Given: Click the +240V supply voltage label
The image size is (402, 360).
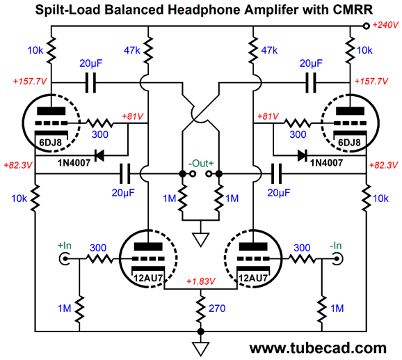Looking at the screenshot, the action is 385,25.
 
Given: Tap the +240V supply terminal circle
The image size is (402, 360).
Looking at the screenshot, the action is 367,26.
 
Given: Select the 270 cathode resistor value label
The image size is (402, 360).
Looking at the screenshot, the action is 217,308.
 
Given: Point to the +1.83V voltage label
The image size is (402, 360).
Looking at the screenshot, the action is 200,281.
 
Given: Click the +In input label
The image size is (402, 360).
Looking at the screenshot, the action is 65,246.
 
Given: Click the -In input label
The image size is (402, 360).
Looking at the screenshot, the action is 336,246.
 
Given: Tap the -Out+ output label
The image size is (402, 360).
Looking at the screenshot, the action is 201,163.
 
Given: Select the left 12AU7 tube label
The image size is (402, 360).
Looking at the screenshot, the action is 148,278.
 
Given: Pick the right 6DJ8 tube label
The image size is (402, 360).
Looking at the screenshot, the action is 349,143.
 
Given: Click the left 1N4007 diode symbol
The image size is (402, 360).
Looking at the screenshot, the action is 99,155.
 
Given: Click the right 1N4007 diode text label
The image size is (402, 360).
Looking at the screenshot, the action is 326,163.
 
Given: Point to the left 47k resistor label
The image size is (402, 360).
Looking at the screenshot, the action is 131,50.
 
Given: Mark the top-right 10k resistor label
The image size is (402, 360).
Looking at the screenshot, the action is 364,50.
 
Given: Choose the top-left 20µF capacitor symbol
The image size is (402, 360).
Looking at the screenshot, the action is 90,83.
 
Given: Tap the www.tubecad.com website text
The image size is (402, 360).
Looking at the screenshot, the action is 318,348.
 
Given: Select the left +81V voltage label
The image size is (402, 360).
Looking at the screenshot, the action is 133,116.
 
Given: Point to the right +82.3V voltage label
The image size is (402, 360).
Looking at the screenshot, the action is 383,165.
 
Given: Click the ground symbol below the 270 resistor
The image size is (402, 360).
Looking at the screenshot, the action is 201,348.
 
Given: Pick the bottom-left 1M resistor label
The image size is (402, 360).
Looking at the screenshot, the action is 65,308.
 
